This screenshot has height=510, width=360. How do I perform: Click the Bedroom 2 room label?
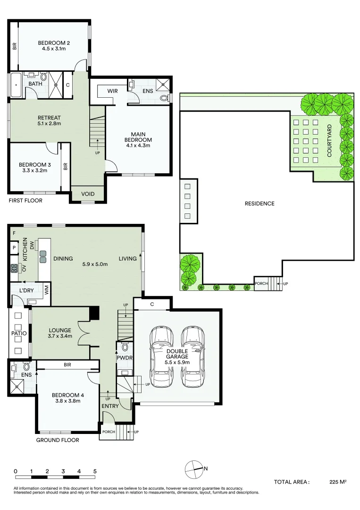click(54, 43)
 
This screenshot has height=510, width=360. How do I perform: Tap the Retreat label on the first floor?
click(49, 118)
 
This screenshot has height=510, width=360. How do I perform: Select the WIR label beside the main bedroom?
click(112, 91)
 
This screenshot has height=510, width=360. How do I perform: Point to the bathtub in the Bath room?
click(16, 85)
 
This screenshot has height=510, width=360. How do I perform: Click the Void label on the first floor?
click(88, 194)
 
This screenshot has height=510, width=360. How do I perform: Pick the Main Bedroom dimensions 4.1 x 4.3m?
click(138, 145)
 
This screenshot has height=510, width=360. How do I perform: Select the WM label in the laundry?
click(46, 290)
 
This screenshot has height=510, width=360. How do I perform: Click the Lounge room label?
click(60, 330)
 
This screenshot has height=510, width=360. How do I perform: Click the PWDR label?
click(125, 358)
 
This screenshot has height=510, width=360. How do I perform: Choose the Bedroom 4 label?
click(68, 395)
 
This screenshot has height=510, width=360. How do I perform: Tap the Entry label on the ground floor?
click(110, 406)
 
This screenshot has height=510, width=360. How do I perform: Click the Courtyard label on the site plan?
click(329, 141)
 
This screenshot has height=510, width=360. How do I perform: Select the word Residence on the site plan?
click(260, 204)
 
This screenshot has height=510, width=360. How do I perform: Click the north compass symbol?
click(193, 469)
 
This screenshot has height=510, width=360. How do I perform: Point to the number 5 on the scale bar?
click(95, 471)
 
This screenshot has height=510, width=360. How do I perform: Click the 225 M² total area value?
click(338, 482)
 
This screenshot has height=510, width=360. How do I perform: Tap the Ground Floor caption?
click(58, 440)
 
